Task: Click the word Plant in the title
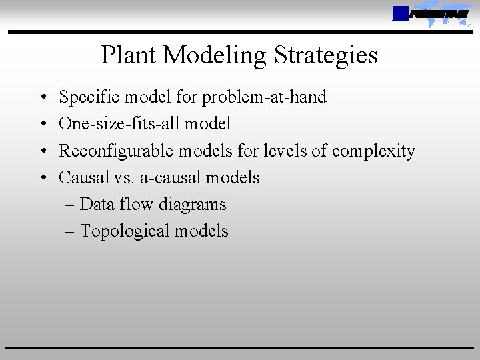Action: point(129,55)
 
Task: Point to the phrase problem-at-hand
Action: point(264,97)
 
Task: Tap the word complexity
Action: point(373,151)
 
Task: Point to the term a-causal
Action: point(170,177)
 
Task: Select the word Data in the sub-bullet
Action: point(97,204)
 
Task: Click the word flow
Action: point(137,204)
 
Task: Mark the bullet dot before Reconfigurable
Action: point(43,151)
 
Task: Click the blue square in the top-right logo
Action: point(400,13)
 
